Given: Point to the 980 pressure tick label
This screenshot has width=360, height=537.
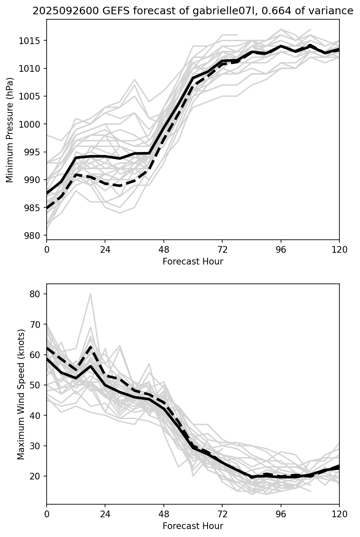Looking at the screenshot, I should pyautogui.click(x=35, y=236).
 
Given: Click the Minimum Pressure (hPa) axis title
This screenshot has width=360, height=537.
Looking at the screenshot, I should pyautogui.click(x=10, y=130).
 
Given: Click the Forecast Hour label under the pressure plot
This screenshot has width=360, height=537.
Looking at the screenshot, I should pyautogui.click(x=193, y=262).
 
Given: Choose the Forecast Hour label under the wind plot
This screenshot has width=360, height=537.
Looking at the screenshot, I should pyautogui.click(x=193, y=526).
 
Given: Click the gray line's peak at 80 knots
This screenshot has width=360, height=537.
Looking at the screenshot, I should pyautogui.click(x=90, y=294).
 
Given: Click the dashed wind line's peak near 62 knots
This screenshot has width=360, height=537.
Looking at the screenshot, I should pyautogui.click(x=90, y=347).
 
